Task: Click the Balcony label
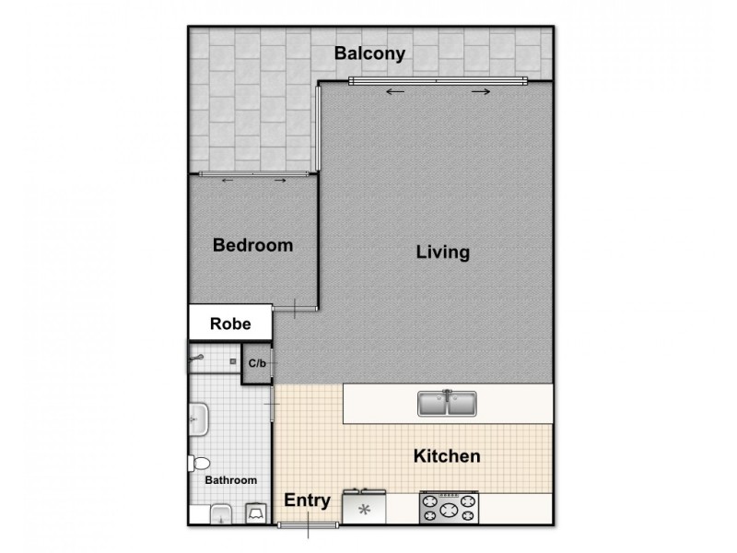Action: tap(369, 53)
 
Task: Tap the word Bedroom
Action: tap(252, 246)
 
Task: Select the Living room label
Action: tap(442, 252)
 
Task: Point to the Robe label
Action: tap(230, 324)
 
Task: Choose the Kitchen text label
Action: tap(446, 456)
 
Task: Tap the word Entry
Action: tap(307, 501)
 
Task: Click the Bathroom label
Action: tap(230, 480)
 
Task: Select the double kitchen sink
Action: tap(447, 404)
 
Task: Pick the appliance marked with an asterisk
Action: tap(364, 508)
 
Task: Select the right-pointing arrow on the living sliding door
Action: tap(480, 91)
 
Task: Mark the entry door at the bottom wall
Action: tap(309, 524)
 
